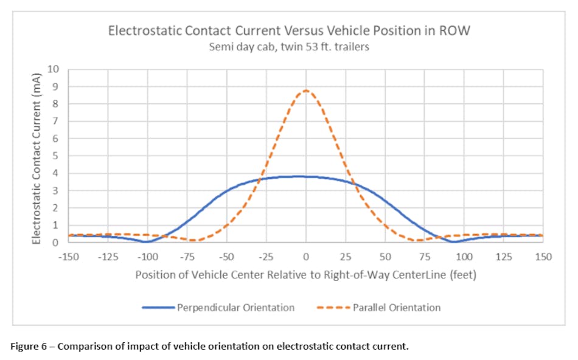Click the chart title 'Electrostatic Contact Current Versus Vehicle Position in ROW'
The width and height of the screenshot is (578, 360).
tap(288, 30)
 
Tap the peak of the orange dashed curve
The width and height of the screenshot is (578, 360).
tap(306, 90)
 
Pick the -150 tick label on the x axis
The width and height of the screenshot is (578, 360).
tap(69, 257)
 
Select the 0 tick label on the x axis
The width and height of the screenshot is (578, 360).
tap(306, 257)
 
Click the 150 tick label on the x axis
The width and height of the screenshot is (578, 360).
tap(543, 257)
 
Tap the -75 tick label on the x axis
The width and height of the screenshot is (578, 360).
tap(187, 257)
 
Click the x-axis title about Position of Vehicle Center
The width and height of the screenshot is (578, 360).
tap(305, 275)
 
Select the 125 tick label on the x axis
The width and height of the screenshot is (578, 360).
tap(503, 257)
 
